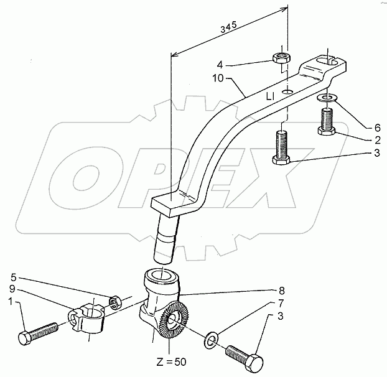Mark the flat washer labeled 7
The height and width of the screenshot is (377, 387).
click(212, 339)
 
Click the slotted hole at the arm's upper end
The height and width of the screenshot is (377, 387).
click(329, 60)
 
